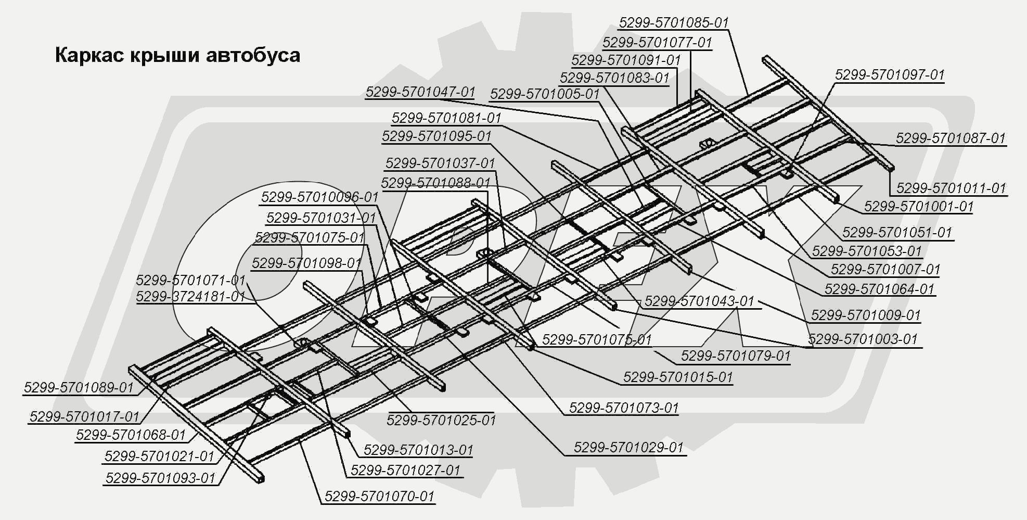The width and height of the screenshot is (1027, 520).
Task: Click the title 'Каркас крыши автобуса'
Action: (177, 55)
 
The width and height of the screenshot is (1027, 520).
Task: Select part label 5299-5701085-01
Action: (673, 23)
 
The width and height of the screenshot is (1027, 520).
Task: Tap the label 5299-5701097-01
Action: (889, 75)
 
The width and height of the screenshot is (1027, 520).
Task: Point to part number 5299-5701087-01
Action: (950, 138)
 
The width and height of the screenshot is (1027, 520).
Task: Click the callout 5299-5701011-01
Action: (951, 188)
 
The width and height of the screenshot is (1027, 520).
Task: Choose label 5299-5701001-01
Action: (918, 207)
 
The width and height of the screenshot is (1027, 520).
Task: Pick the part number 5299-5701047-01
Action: (420, 92)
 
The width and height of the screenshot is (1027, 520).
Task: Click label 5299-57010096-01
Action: (319, 197)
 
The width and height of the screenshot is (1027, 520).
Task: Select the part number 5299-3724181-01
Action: (190, 297)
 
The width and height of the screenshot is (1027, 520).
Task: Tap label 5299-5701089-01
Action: (79, 388)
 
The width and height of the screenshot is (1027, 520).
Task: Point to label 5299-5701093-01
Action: (160, 478)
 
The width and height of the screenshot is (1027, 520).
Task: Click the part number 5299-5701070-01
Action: (379, 497)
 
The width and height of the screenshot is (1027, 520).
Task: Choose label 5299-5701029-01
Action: (628, 448)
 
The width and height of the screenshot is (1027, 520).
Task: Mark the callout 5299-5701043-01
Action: (699, 301)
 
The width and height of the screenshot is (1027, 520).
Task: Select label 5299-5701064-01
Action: (879, 289)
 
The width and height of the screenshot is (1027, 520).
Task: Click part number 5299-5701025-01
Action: (441, 420)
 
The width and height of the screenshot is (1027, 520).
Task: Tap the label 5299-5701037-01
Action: (440, 163)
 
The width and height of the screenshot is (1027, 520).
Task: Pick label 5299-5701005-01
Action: (544, 94)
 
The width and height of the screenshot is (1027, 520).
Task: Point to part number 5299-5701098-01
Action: (306, 263)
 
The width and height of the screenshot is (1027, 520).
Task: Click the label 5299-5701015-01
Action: (677, 377)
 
